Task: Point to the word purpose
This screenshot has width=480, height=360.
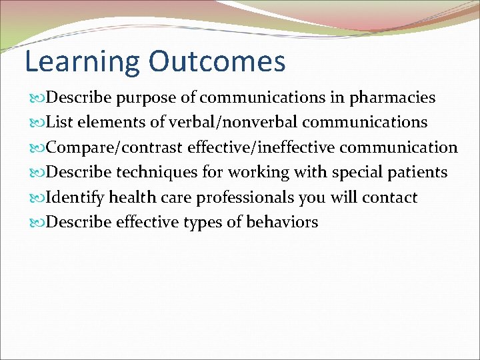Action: tap(147, 98)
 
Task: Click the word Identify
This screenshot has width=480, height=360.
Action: tap(75, 198)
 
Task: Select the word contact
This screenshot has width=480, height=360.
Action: tap(390, 197)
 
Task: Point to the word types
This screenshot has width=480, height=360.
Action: tap(206, 223)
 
